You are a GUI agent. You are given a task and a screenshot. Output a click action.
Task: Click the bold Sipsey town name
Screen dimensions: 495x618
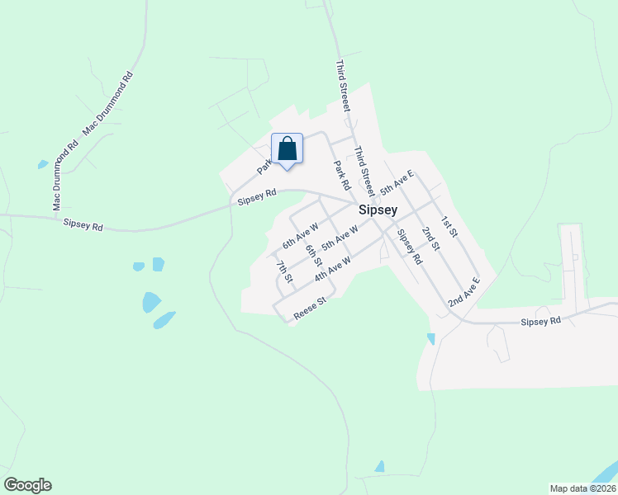click(x=378, y=210)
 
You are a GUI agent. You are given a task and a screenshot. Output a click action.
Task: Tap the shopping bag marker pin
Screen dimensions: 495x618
click(x=287, y=150)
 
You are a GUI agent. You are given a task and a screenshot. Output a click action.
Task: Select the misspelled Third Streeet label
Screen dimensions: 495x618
click(x=344, y=86)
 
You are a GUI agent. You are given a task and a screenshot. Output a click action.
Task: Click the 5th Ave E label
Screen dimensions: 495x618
click(x=397, y=186)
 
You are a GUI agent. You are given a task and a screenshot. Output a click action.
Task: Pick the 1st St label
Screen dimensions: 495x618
click(x=449, y=227)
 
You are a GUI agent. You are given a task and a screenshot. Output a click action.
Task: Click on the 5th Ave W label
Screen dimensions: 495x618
click(x=340, y=239)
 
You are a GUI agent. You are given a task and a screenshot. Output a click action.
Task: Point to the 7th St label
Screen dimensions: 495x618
click(x=285, y=271)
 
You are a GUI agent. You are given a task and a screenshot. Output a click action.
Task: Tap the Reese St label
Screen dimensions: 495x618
click(x=311, y=307)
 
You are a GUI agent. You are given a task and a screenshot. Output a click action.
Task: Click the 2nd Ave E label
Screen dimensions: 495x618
click(x=463, y=293)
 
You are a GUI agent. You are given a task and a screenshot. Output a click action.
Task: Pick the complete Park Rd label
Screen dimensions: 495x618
click(x=342, y=174)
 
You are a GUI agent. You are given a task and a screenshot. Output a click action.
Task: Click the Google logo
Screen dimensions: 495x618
click(x=27, y=485)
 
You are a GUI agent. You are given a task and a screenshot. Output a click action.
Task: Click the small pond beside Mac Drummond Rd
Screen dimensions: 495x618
click(x=42, y=165)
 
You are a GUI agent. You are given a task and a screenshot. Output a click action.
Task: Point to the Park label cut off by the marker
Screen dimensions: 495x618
click(x=264, y=165)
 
